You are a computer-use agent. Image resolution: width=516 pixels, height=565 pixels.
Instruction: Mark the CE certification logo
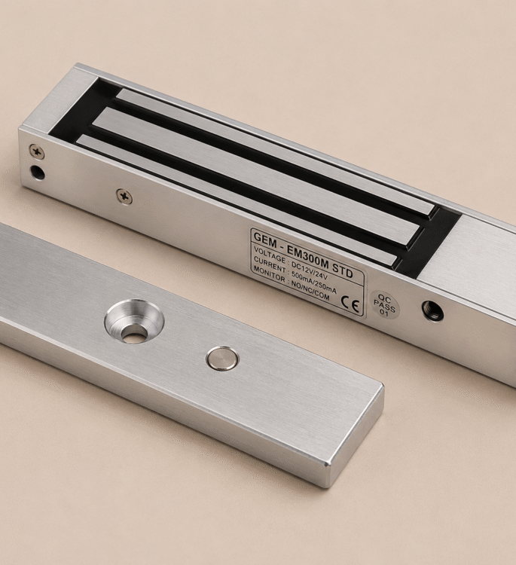[350, 305]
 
